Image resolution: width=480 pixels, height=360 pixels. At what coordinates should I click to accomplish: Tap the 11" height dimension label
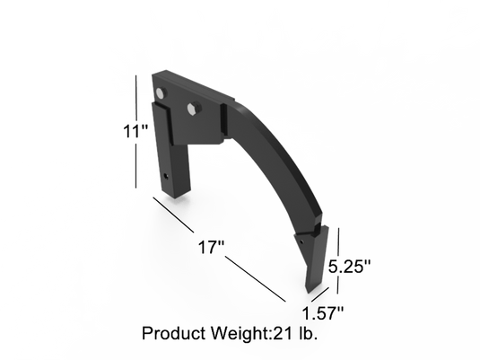coord(135,130)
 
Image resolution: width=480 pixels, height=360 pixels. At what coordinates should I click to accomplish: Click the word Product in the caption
coord(176,333)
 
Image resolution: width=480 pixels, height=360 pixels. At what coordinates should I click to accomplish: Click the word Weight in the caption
coord(237,333)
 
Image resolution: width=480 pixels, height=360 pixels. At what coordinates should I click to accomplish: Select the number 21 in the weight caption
coord(284,333)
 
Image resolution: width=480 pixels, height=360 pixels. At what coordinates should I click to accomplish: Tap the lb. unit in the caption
coord(309,333)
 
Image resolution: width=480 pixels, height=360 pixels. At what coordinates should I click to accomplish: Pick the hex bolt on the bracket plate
coord(192,109)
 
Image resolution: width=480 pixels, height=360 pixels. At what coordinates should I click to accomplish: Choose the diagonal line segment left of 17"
coord(175,220)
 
